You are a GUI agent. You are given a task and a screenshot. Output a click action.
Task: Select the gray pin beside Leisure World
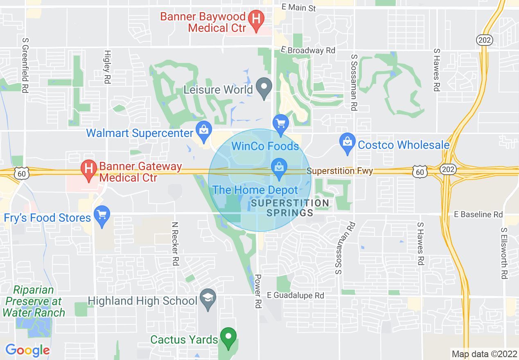pos(264,87)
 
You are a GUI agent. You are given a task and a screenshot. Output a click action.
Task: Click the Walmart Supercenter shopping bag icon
pos(203,131)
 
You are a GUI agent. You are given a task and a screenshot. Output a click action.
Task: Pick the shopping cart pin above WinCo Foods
pos(281,124)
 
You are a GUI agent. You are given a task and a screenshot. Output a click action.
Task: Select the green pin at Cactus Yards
pos(228,337)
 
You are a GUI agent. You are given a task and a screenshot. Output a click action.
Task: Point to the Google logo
pos(27,350)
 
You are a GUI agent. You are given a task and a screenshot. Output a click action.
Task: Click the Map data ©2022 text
pos(483,353)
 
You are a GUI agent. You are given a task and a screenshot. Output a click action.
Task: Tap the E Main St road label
pos(299,8)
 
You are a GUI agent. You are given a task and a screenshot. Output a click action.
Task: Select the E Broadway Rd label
pos(307,50)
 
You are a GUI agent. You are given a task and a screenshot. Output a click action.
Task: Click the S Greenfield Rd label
pos(25,65)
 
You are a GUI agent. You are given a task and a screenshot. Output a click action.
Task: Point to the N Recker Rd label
pos(176,244)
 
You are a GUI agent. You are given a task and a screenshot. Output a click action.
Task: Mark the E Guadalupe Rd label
pos(296,295)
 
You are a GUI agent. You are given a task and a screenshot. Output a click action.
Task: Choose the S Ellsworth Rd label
pos(504,254)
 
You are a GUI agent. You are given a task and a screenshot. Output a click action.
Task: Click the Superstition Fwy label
pos(340,171)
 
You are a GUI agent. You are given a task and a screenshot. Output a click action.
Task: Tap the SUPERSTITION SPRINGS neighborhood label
pos(290,208)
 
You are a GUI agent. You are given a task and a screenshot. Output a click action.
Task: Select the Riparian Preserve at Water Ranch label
pos(34,301)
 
